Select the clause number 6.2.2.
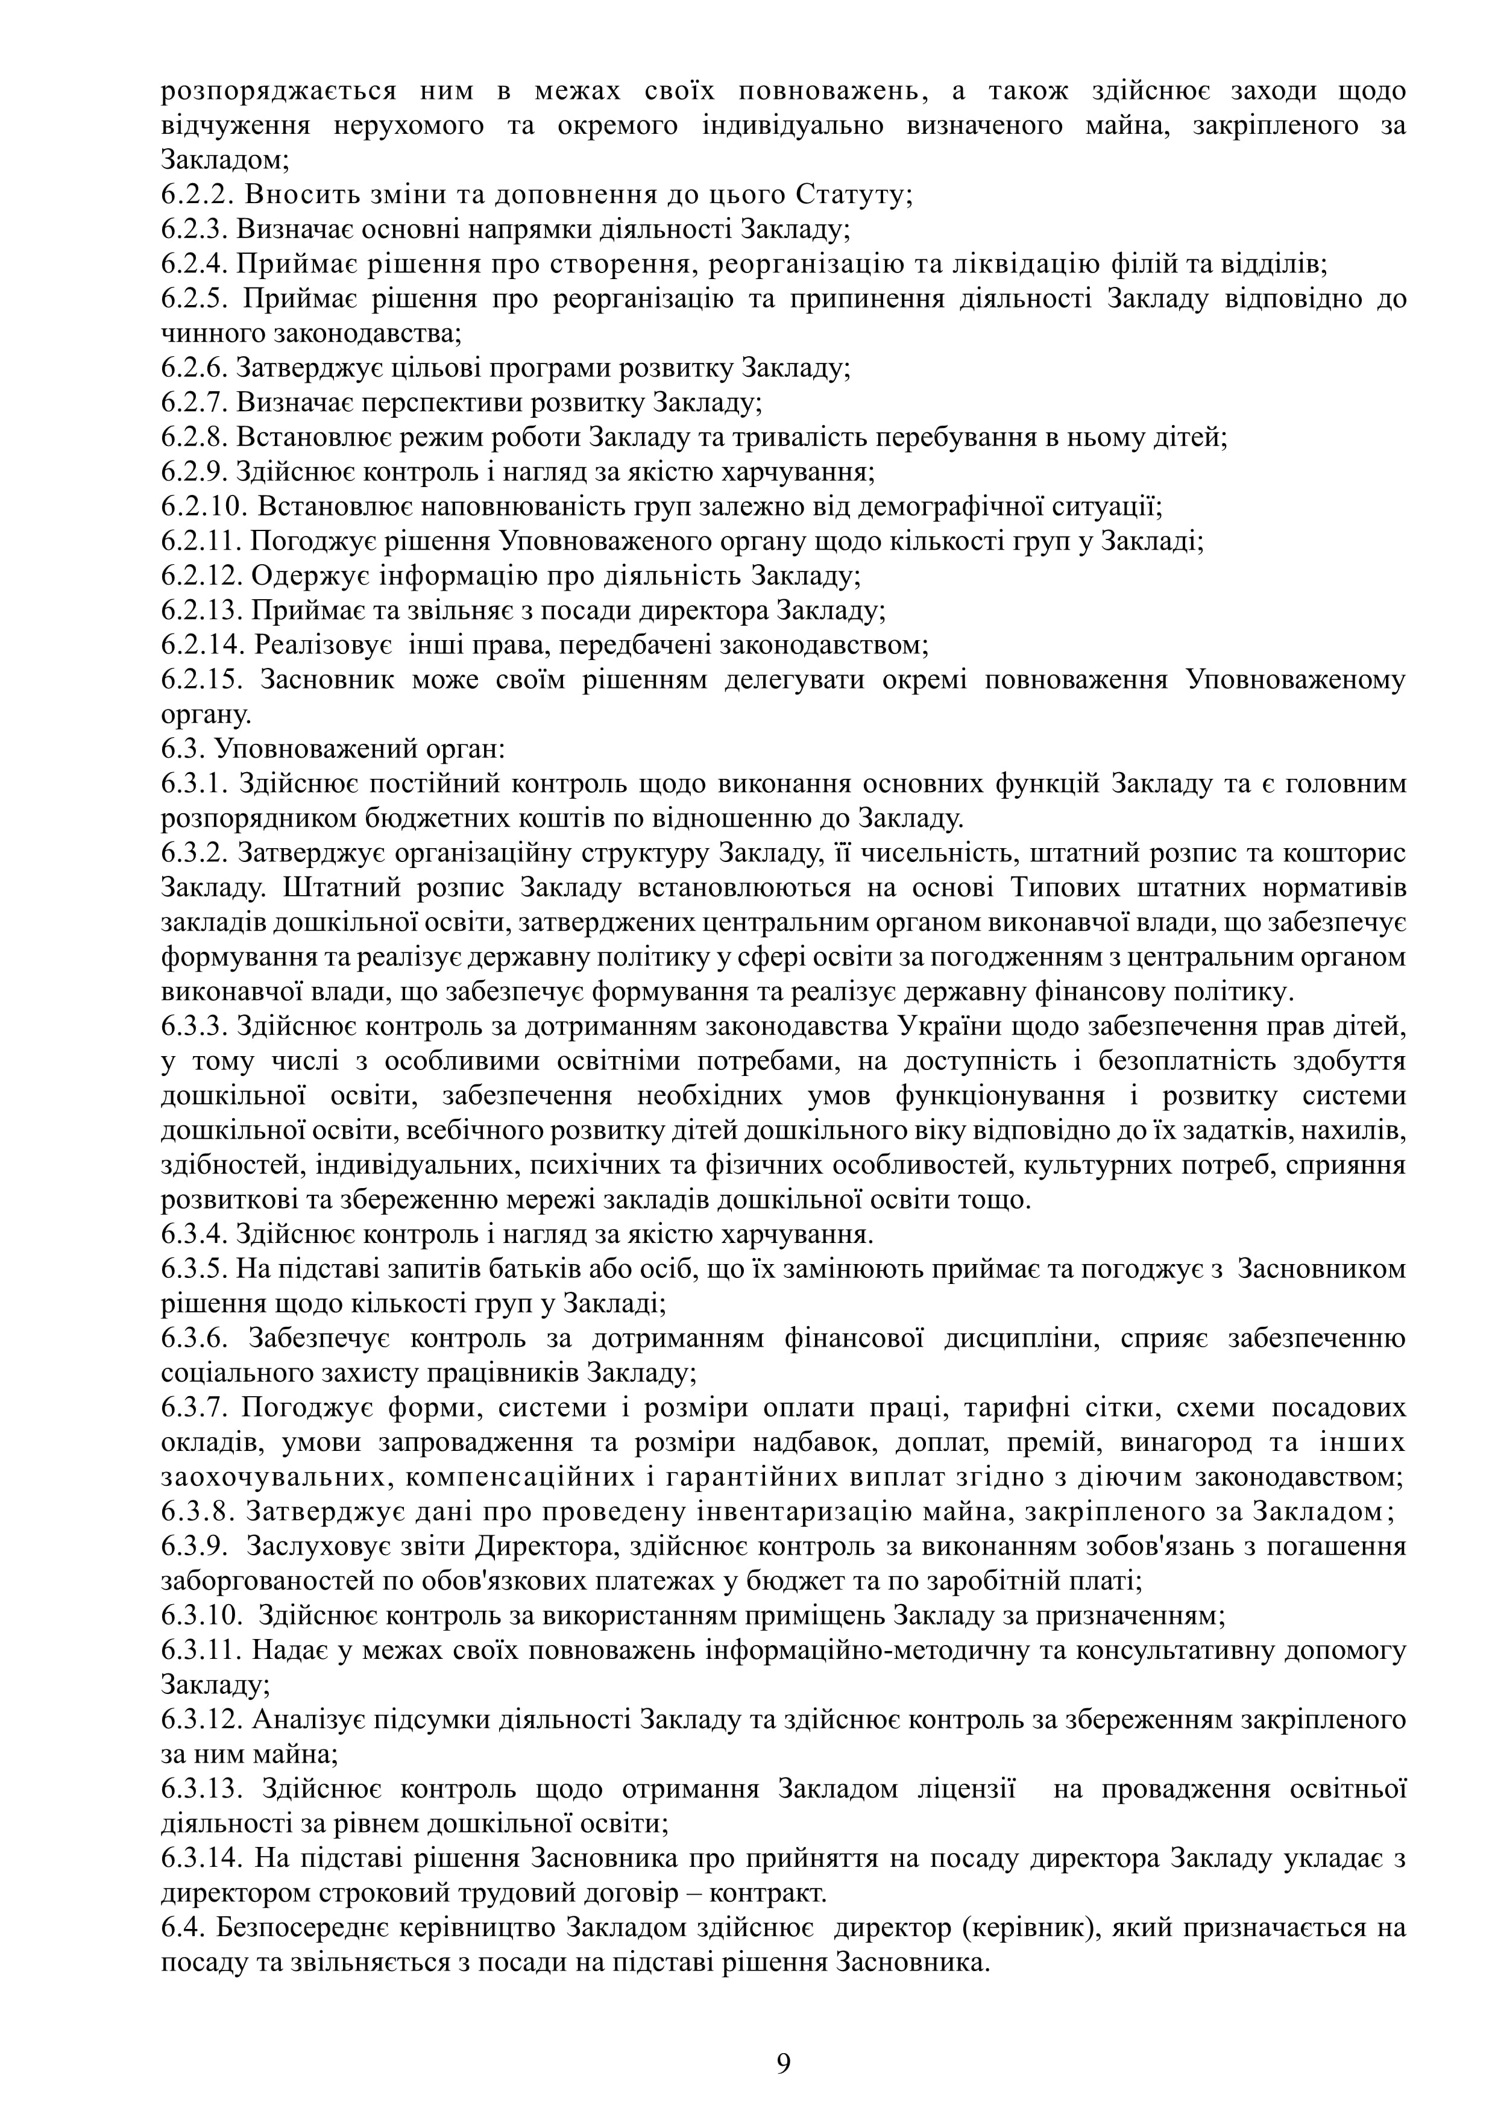pyautogui.click(x=194, y=195)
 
